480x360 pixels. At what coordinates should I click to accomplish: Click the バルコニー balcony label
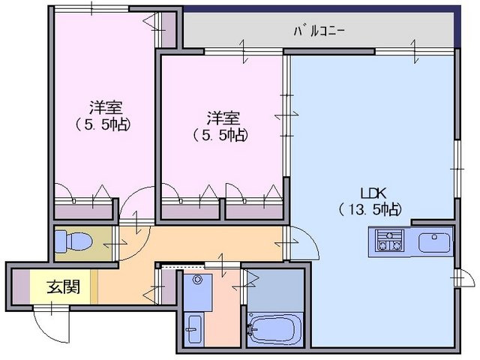coord(319,31)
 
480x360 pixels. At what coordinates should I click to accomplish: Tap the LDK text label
coord(373,193)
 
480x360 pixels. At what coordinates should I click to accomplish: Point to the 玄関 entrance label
coord(63,286)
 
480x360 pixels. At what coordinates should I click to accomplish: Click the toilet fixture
coord(73,241)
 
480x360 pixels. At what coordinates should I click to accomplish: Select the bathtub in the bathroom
coord(275,330)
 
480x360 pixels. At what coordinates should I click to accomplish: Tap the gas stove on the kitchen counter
coord(389,240)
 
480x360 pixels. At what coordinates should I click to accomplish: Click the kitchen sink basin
coord(435,242)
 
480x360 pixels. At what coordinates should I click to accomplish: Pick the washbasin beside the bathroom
coord(194,329)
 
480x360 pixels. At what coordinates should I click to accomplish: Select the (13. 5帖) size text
coord(370,209)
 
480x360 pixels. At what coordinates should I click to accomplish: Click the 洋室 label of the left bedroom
coord(106,106)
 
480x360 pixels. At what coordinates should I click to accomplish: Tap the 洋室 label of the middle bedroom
coord(223,118)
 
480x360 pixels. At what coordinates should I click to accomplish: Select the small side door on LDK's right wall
coord(465,277)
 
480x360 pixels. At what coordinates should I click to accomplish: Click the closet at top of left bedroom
coord(168,30)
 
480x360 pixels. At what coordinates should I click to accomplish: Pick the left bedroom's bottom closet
coord(83,211)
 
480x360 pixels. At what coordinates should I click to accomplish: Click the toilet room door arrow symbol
coord(115,244)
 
